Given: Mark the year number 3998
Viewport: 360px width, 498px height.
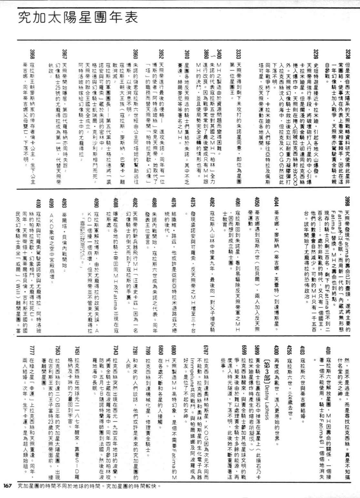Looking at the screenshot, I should tap(347, 202).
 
